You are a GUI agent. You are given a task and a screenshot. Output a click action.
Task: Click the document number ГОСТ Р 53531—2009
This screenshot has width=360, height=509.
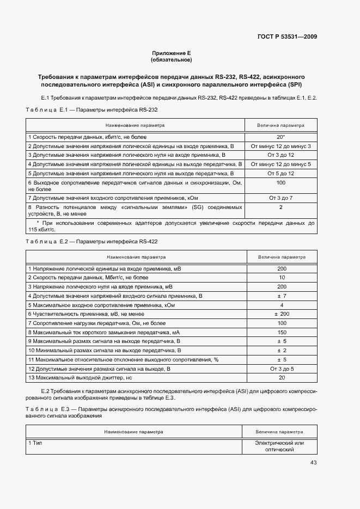pyautogui.click(x=287, y=37)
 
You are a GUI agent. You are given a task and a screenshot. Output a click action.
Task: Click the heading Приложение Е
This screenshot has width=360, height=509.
pyautogui.click(x=171, y=53)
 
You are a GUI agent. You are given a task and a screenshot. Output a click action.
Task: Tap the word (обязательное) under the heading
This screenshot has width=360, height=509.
pyautogui.click(x=171, y=59)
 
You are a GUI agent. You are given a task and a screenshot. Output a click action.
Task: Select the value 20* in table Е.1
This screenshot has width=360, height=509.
pyautogui.click(x=281, y=137)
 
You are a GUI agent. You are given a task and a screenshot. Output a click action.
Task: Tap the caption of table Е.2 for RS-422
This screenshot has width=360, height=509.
pyautogui.click(x=92, y=241)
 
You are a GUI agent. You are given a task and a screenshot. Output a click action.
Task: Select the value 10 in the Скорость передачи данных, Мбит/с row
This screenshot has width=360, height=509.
pyautogui.click(x=282, y=278)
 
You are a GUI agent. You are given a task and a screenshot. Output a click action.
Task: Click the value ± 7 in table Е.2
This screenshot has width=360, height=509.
pyautogui.click(x=282, y=296)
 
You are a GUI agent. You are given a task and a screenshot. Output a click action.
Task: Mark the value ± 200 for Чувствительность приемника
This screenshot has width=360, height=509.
pyautogui.click(x=282, y=314)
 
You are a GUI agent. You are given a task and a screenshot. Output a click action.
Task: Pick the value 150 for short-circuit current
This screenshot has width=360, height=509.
pyautogui.click(x=282, y=332)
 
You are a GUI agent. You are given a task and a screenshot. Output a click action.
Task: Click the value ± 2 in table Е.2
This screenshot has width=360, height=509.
pyautogui.click(x=282, y=350)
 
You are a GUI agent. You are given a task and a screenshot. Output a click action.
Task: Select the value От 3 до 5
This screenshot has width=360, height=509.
pyautogui.click(x=282, y=369)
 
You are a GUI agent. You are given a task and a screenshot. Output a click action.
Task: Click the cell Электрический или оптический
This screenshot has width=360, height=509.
pyautogui.click(x=279, y=446)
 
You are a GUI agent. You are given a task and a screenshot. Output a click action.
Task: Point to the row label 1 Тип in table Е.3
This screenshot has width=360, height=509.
pyautogui.click(x=35, y=443)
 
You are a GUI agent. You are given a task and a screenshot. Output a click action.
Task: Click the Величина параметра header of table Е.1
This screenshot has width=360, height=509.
pyautogui.click(x=281, y=125)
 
